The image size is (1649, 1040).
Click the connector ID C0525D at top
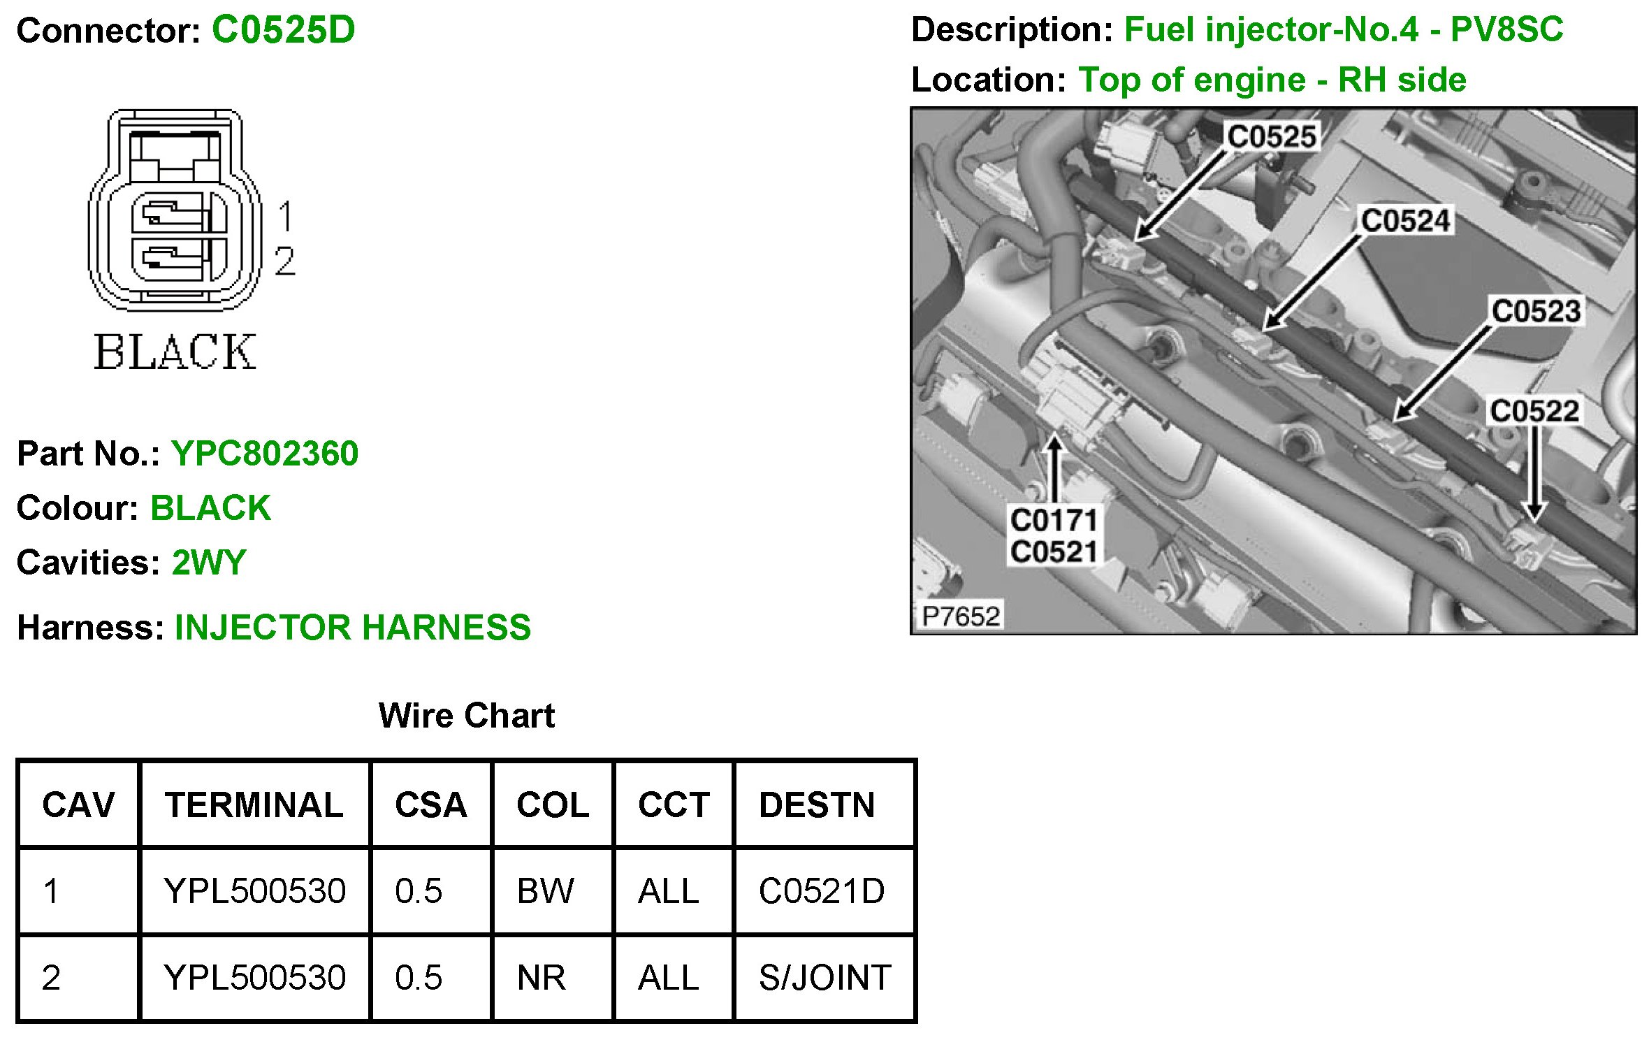[x=283, y=30]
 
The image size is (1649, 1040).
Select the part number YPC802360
[x=265, y=454]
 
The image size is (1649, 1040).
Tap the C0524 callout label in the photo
[x=1406, y=221]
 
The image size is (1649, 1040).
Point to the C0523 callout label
[x=1536, y=311]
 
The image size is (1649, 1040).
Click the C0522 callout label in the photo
[x=1534, y=411]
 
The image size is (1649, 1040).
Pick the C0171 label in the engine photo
[x=1054, y=520]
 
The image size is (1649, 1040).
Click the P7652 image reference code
[x=961, y=616]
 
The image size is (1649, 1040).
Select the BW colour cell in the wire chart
[x=545, y=891]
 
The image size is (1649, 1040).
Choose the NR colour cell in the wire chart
[x=542, y=977]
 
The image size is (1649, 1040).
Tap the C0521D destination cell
[x=822, y=891]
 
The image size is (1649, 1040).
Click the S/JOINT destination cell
[x=824, y=977]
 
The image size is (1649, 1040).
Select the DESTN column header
[x=817, y=805]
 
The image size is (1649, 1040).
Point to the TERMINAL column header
[x=254, y=805]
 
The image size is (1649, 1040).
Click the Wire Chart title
[x=466, y=716]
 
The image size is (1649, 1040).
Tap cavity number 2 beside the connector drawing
[x=284, y=261]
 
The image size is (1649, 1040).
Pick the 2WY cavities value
[x=209, y=563]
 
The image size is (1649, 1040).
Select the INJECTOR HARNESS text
[x=352, y=627]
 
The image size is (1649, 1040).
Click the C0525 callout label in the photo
[x=1272, y=136]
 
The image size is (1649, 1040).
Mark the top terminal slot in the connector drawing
[x=178, y=212]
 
